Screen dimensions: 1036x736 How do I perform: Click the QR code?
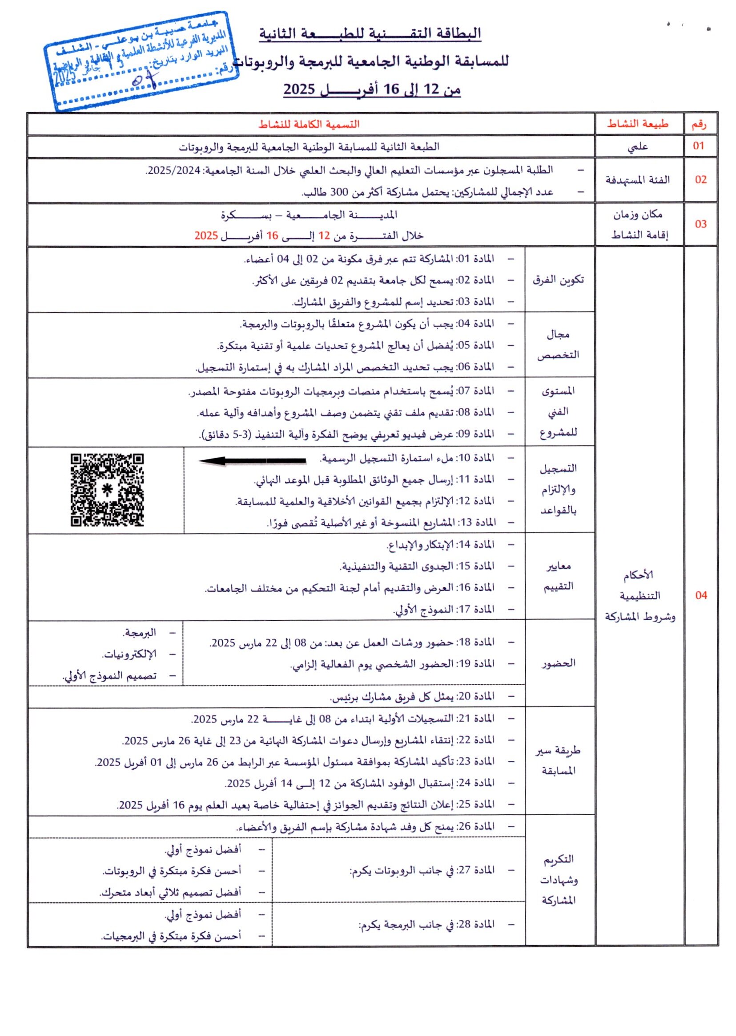(108, 490)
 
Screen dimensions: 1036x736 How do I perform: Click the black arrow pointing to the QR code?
(252, 461)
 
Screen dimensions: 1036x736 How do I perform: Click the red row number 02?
(701, 179)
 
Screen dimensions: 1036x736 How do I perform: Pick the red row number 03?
(701, 224)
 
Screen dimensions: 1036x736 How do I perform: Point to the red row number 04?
(701, 595)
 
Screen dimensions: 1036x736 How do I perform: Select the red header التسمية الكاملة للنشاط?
(309, 124)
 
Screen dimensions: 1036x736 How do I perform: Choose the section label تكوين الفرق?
(559, 280)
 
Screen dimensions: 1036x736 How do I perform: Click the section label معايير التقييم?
(559, 576)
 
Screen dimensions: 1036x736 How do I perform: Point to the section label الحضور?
(559, 663)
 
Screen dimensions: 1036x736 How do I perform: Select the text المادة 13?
(475, 522)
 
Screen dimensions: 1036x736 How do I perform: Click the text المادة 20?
(475, 696)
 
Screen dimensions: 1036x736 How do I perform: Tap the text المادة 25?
(475, 804)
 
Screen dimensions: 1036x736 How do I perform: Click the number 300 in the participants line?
(339, 192)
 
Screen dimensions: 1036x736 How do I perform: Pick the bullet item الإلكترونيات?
(129, 654)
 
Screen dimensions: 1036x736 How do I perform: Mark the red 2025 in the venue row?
(206, 236)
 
